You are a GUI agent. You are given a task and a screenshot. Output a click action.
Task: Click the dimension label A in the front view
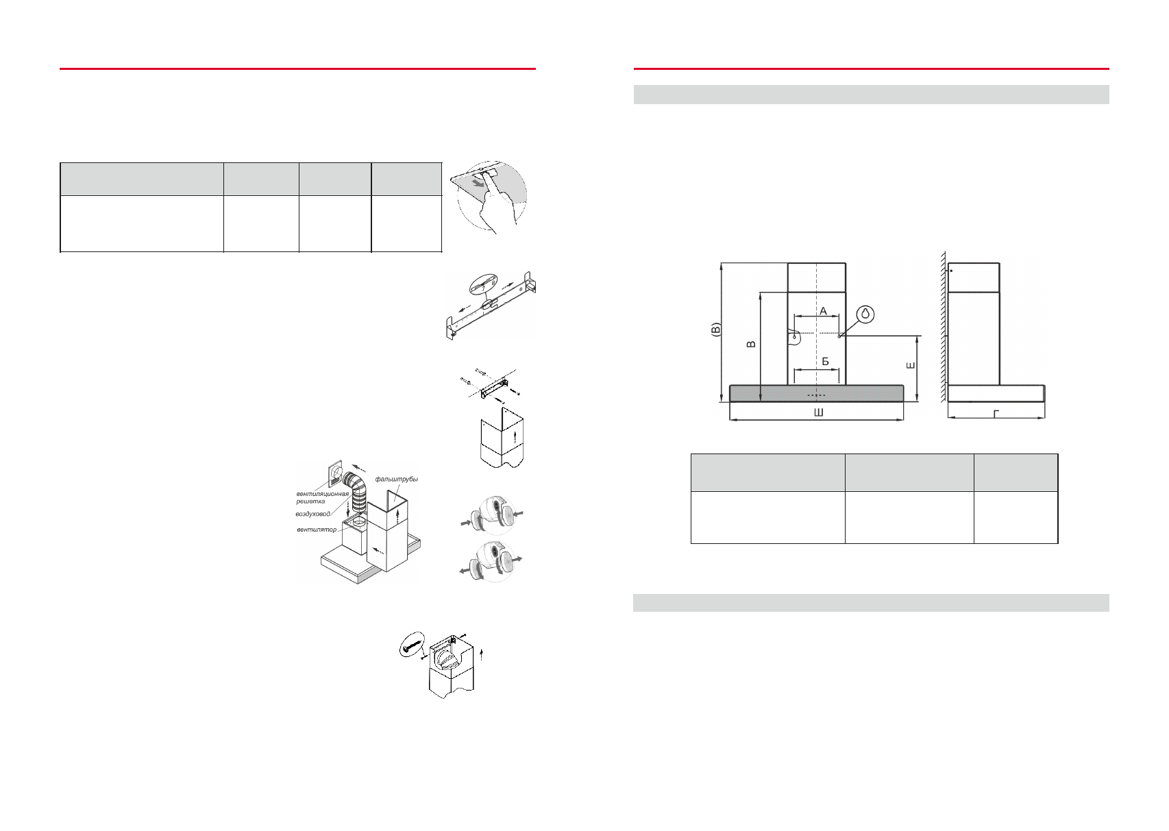(x=824, y=311)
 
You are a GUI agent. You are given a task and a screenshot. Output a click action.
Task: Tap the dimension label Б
(x=825, y=361)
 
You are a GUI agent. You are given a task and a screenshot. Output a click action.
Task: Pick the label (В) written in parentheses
(x=715, y=330)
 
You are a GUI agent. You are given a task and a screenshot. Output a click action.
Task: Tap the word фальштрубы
(x=397, y=479)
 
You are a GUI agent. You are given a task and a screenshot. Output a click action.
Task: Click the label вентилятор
(x=317, y=530)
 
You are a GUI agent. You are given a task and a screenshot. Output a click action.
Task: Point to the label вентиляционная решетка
(x=321, y=497)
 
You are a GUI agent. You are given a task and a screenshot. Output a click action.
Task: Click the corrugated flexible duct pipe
(x=357, y=497)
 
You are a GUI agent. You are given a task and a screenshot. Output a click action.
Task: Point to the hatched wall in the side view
(x=944, y=329)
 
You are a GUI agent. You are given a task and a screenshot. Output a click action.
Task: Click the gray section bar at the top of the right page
(x=871, y=95)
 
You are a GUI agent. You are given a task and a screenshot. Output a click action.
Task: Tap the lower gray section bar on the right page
(x=871, y=603)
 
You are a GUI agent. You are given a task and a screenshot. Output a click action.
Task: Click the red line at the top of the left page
(x=297, y=69)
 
